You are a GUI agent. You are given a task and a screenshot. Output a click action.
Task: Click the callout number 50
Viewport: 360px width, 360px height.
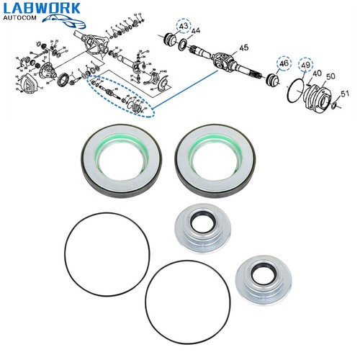[x=331, y=76]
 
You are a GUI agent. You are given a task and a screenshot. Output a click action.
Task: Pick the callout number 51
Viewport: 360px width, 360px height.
[x=345, y=93]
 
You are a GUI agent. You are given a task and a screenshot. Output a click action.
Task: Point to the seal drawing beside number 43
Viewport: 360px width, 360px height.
[x=174, y=40]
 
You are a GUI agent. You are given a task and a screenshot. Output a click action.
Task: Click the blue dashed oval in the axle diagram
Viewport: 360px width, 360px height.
[x=119, y=98]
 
